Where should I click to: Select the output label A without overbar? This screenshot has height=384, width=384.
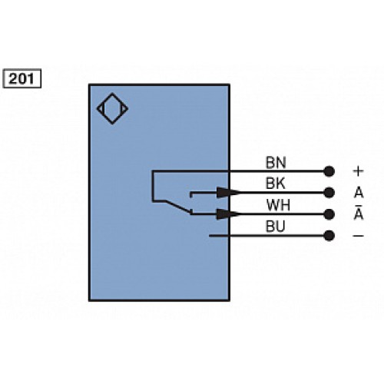click(x=357, y=192)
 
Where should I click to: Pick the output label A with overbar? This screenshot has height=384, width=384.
click(x=357, y=214)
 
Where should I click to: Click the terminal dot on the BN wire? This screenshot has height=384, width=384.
click(x=330, y=170)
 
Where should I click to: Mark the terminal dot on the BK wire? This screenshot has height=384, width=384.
click(x=330, y=192)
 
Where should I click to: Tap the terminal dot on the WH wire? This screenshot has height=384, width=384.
click(x=330, y=214)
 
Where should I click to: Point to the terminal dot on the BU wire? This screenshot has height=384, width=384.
click(x=330, y=236)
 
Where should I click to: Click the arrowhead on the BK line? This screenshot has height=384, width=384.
click(x=223, y=192)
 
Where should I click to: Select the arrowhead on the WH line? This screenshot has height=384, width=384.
click(x=223, y=214)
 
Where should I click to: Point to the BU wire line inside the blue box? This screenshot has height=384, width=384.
click(x=219, y=236)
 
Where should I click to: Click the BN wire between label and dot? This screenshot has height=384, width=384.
click(x=307, y=170)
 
